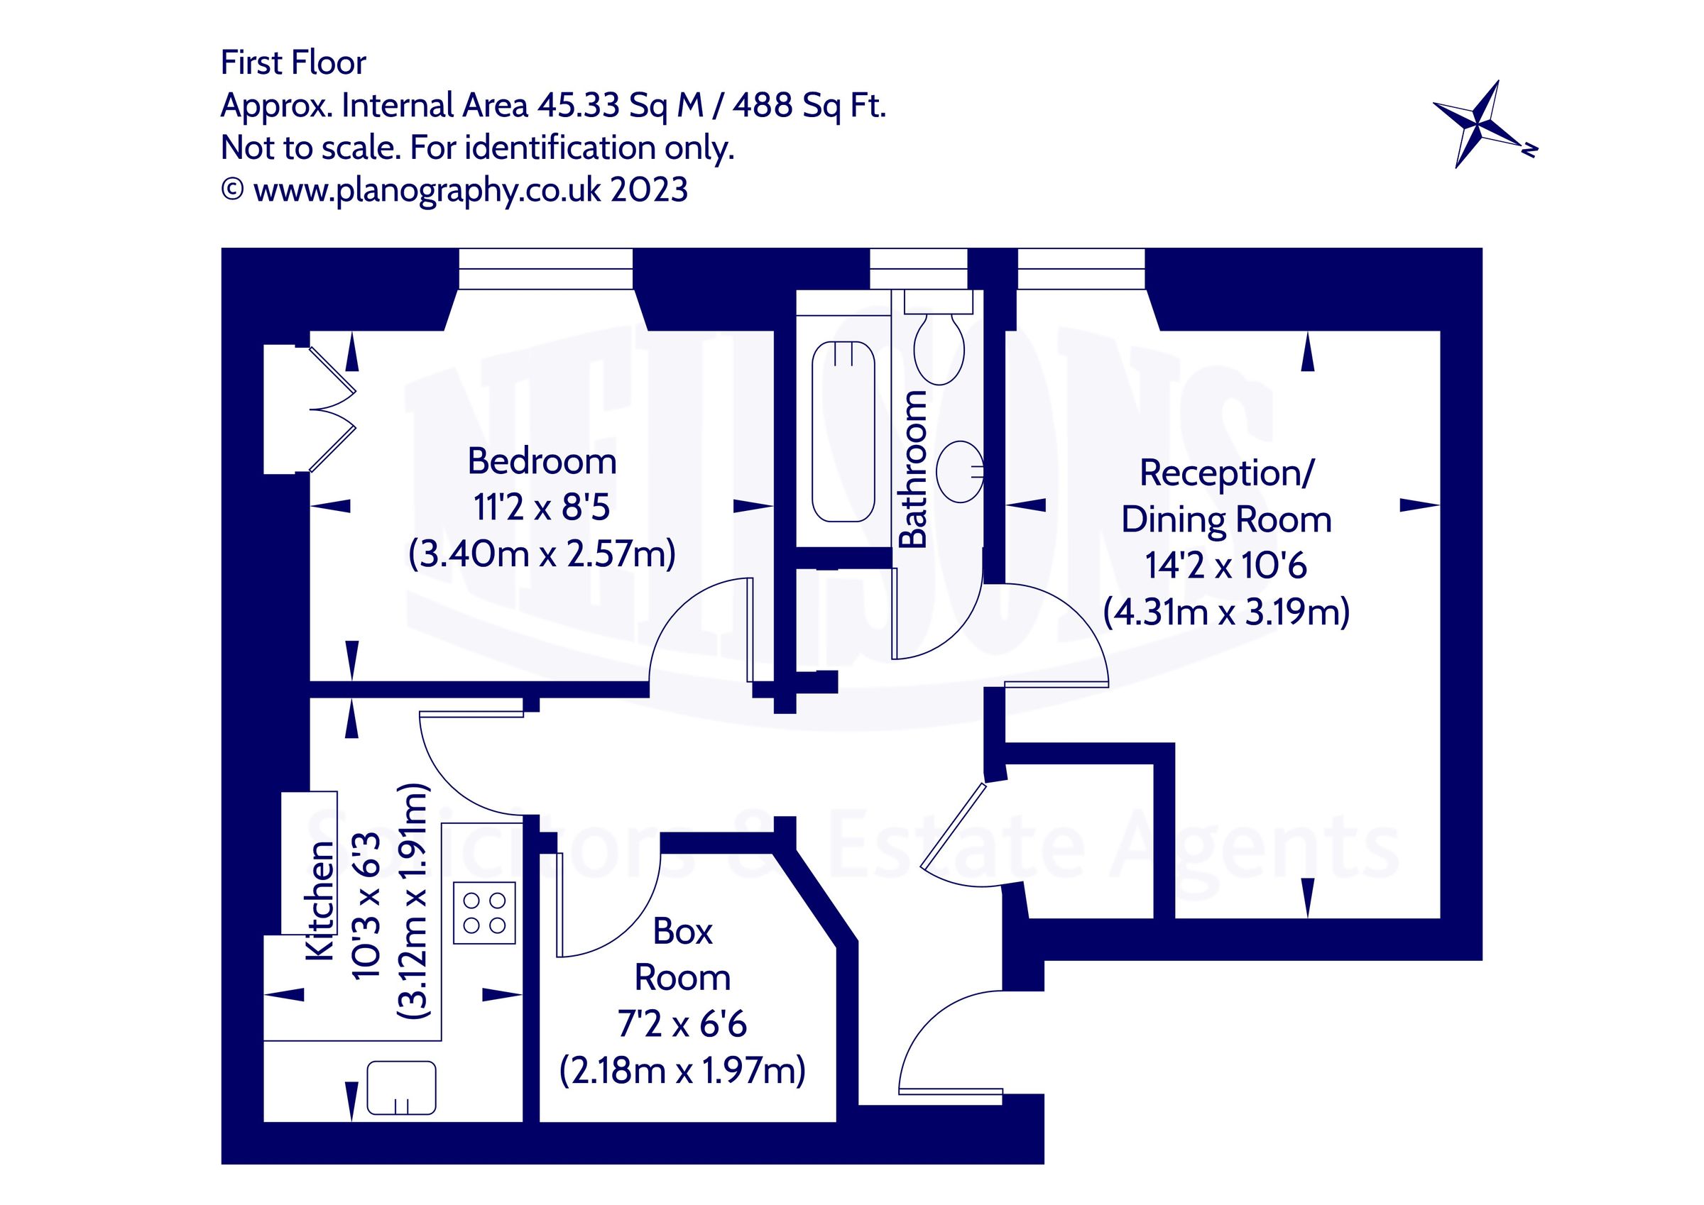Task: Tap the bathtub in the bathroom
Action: tap(843, 431)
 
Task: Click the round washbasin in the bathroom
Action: tap(959, 471)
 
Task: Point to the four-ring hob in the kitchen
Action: tap(484, 913)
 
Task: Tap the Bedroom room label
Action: tap(542, 461)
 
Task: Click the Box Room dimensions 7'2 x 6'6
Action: tap(682, 1025)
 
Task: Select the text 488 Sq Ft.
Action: tap(809, 106)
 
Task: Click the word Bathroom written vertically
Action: tap(914, 469)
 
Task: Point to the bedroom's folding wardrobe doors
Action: tap(332, 409)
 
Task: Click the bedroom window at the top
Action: tap(545, 268)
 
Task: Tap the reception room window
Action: tap(1080, 268)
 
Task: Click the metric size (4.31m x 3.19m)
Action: tap(1226, 613)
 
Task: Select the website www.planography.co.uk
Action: tap(427, 191)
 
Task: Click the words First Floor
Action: tap(293, 63)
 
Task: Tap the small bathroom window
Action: tap(918, 268)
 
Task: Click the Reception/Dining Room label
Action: tap(1226, 495)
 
